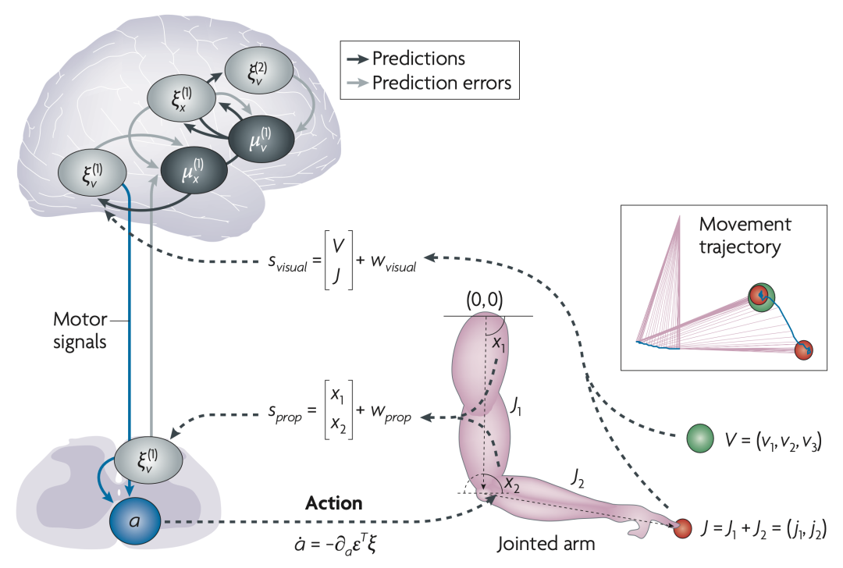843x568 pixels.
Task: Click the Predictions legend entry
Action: [418, 59]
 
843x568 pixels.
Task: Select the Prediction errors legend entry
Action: [441, 83]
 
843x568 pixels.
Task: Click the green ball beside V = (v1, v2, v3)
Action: [699, 438]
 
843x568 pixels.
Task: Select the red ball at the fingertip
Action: [683, 528]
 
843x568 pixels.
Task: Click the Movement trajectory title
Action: [745, 236]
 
